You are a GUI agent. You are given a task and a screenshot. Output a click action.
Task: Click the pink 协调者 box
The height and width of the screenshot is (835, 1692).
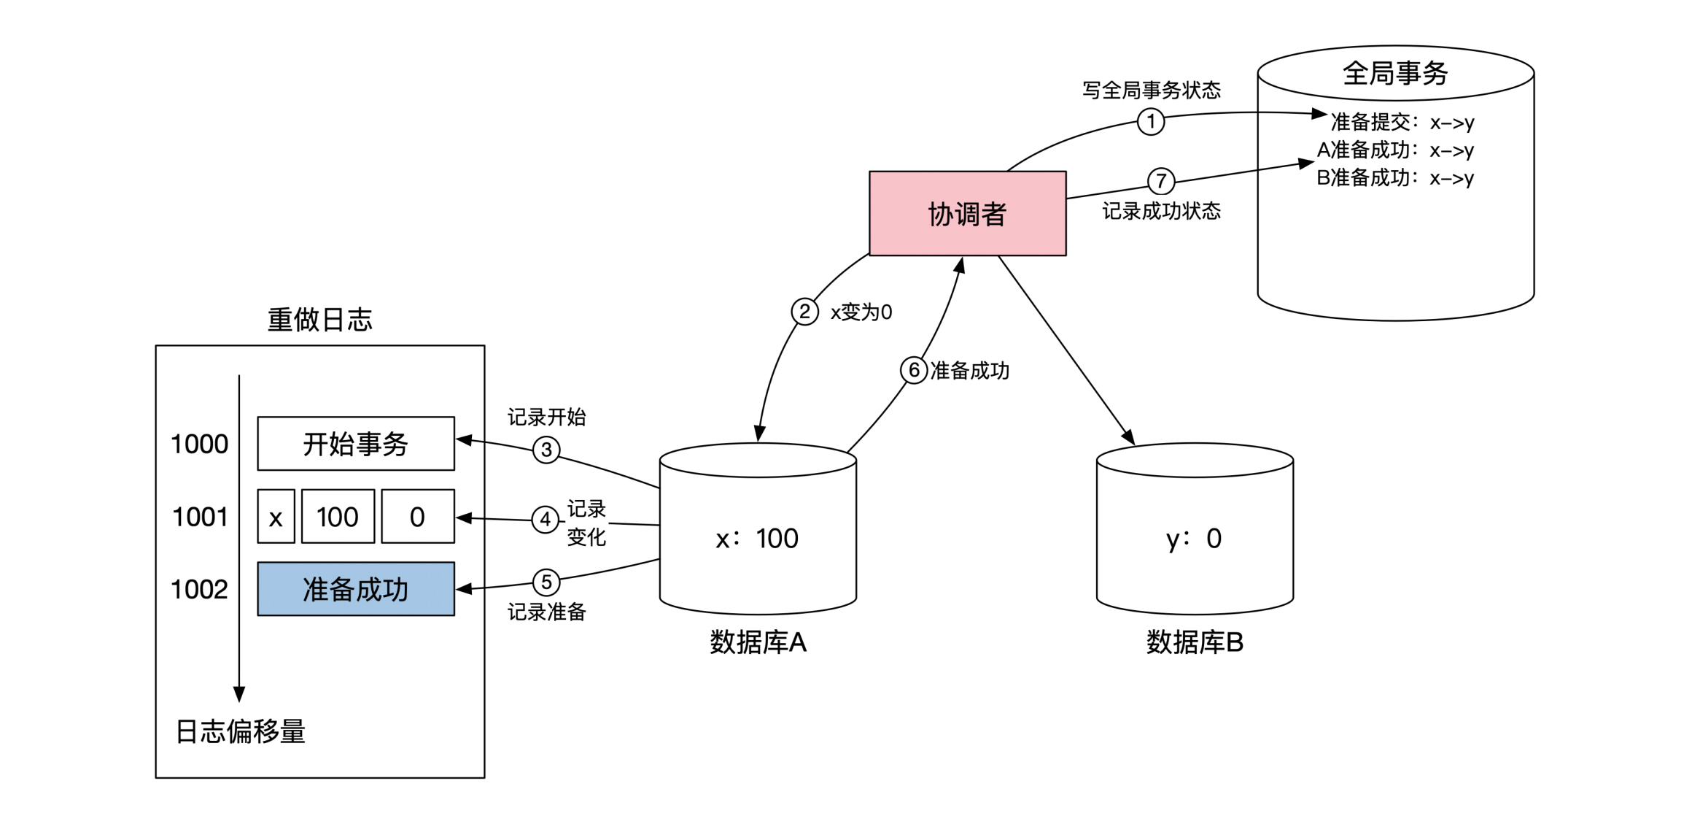pos(967,213)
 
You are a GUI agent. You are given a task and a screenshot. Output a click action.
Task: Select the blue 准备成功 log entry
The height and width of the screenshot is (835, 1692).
pos(356,589)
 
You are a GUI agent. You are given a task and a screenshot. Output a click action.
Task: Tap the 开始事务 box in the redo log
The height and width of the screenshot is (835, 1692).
pos(356,444)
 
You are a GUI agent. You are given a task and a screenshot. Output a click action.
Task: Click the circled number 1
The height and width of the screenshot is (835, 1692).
pos(1151,121)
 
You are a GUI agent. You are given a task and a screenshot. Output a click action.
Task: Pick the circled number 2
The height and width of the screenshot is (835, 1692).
pos(804,312)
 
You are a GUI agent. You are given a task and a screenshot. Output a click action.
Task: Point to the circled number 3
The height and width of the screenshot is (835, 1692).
pos(546,450)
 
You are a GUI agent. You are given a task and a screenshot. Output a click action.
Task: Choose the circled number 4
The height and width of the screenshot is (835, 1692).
pos(545,520)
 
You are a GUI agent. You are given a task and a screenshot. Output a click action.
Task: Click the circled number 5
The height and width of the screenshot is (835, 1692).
pos(546,582)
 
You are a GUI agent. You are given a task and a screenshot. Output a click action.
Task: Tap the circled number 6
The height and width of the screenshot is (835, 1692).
pos(914,370)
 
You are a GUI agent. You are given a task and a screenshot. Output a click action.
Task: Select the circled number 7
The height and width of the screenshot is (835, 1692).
pos(1161,180)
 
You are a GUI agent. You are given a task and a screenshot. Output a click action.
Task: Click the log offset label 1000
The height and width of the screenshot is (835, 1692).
pos(199,444)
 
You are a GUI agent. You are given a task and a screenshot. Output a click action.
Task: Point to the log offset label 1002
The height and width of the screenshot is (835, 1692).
pos(199,589)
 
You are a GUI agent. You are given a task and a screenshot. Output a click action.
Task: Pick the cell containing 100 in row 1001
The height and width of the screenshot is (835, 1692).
pos(338,517)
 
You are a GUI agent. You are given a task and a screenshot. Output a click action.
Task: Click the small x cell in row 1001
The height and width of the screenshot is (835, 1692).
pos(276,517)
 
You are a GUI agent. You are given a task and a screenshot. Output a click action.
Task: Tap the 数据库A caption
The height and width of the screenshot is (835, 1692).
pos(758,642)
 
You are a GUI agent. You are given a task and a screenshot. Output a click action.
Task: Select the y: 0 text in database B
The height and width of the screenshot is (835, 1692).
pos(1194,539)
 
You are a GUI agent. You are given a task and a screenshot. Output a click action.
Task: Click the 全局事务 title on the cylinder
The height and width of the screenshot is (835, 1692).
pos(1394,73)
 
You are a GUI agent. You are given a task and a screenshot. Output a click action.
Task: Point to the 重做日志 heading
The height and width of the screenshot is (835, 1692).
pos(319,320)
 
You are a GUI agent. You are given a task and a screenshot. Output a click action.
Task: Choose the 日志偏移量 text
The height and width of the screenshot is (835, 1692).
pos(241,731)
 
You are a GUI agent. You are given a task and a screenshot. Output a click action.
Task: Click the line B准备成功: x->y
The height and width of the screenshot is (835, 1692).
pos(1394,178)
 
